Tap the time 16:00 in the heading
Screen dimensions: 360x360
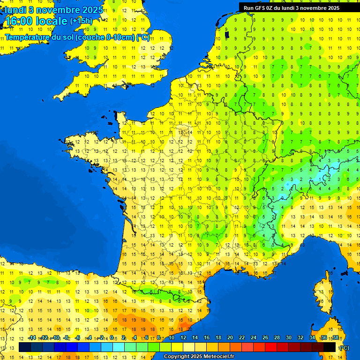point(21,22)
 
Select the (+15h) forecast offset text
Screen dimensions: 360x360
point(81,21)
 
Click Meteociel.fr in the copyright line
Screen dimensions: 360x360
point(215,357)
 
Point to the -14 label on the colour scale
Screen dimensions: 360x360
point(32,338)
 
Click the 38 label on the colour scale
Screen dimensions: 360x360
point(335,338)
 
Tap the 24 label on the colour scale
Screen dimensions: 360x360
point(254,338)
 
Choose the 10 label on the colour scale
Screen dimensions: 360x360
point(172,338)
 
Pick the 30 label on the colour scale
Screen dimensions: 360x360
point(288,338)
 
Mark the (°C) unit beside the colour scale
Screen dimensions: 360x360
point(345,348)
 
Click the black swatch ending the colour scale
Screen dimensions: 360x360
point(330,347)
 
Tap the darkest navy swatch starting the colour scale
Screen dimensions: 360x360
point(24,347)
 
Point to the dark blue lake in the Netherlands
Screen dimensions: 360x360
point(227,34)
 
